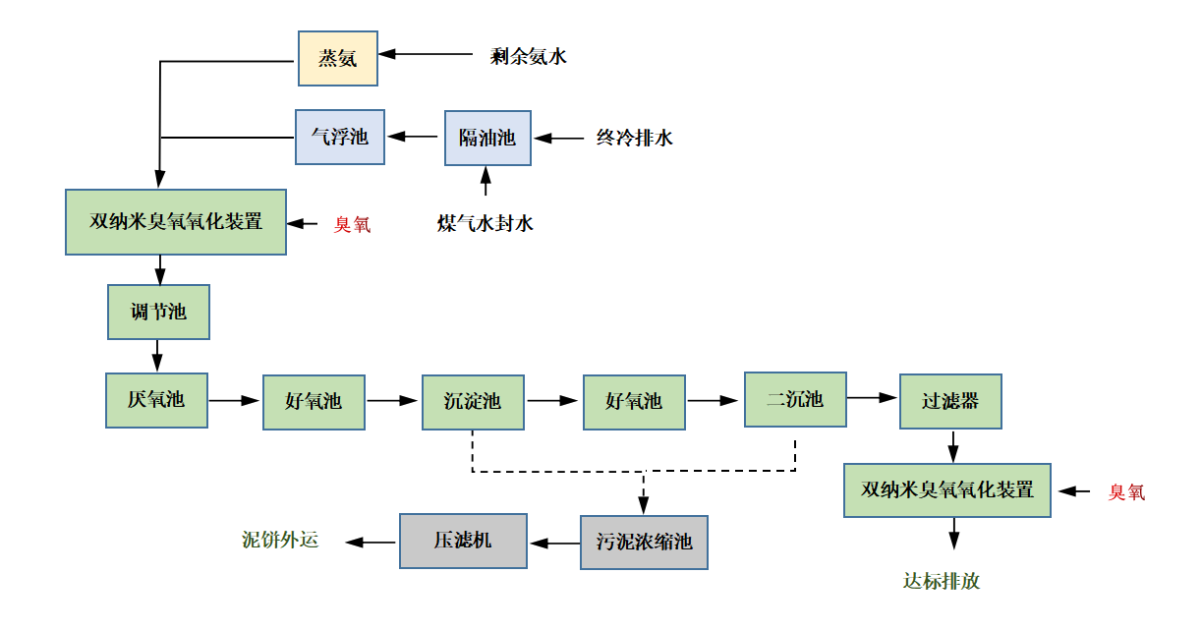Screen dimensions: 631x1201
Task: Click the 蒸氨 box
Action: [338, 57]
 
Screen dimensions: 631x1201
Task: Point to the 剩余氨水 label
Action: [529, 56]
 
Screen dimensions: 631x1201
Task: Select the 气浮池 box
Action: [339, 137]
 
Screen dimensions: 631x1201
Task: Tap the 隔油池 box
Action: [487, 138]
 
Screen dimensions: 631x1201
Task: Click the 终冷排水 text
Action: [634, 138]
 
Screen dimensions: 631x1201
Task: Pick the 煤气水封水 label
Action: [486, 224]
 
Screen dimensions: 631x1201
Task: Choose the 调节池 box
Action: [158, 313]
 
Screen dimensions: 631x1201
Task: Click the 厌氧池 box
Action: [156, 400]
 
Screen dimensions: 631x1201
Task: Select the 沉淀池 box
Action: [473, 401]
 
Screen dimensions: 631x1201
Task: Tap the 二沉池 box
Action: [794, 399]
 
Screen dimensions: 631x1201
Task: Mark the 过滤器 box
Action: [950, 401]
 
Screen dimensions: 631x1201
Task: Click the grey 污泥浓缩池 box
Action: [644, 542]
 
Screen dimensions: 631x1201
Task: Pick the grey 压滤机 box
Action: [463, 541]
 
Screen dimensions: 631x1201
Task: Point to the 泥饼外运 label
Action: [281, 540]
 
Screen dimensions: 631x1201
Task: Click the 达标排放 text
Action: [942, 581]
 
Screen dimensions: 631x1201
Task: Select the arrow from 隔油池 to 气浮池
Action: [414, 138]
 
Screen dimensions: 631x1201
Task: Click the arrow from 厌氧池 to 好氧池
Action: [235, 401]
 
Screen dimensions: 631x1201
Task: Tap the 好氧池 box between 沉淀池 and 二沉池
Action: [634, 401]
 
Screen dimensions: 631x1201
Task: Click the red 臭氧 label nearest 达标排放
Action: [1127, 491]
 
